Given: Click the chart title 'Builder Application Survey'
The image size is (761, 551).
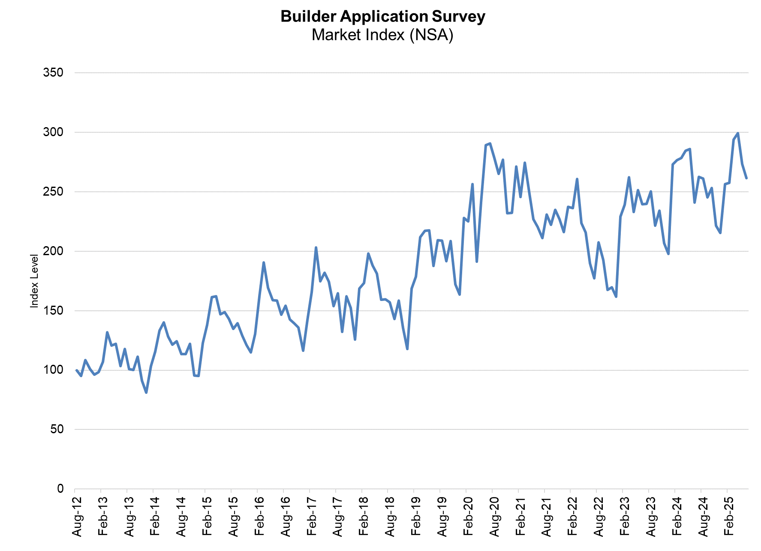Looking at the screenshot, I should click(382, 17).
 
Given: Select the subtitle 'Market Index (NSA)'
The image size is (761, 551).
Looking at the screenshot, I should click(382, 35).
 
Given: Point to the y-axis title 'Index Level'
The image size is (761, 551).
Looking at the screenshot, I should click(34, 281).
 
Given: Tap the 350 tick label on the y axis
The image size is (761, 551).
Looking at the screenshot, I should click(53, 73).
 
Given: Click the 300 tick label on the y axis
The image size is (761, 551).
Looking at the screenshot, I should click(53, 132).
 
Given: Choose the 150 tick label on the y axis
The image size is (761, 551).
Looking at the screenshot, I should click(53, 311).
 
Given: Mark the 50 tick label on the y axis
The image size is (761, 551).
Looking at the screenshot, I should click(57, 429).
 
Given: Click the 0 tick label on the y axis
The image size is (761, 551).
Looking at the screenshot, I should click(60, 489).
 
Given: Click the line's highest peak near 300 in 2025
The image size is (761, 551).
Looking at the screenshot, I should click(738, 133).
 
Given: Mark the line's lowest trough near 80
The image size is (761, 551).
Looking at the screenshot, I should click(146, 393).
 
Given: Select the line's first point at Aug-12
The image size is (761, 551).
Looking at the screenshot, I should click(76, 370).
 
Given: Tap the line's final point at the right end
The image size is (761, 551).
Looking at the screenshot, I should click(746, 178).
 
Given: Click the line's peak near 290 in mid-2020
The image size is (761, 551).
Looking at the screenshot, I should click(490, 143).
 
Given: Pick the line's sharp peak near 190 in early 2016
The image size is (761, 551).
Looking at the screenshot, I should click(264, 262).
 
